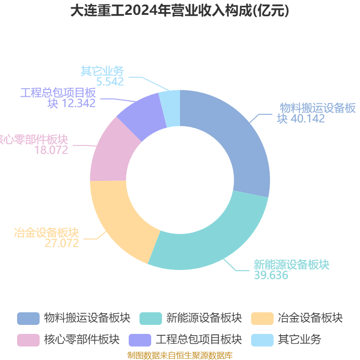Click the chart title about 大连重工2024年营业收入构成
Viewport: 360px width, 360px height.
180,11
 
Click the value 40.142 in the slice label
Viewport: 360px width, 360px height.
308,119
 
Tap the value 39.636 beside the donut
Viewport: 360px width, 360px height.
271,275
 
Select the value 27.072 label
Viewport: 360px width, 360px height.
62,243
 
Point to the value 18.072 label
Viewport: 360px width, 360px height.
51,150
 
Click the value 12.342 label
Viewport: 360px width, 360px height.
78,103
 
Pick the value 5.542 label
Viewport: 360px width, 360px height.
110,82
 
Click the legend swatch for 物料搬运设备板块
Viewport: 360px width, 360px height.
28,319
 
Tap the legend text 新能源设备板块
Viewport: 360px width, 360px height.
204,318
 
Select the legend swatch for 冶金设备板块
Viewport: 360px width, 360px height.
262,319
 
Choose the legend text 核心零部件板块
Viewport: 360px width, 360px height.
82,340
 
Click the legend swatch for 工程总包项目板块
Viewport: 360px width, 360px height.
140,340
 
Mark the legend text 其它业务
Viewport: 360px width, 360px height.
299,340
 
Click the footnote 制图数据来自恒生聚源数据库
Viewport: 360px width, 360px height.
180,355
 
